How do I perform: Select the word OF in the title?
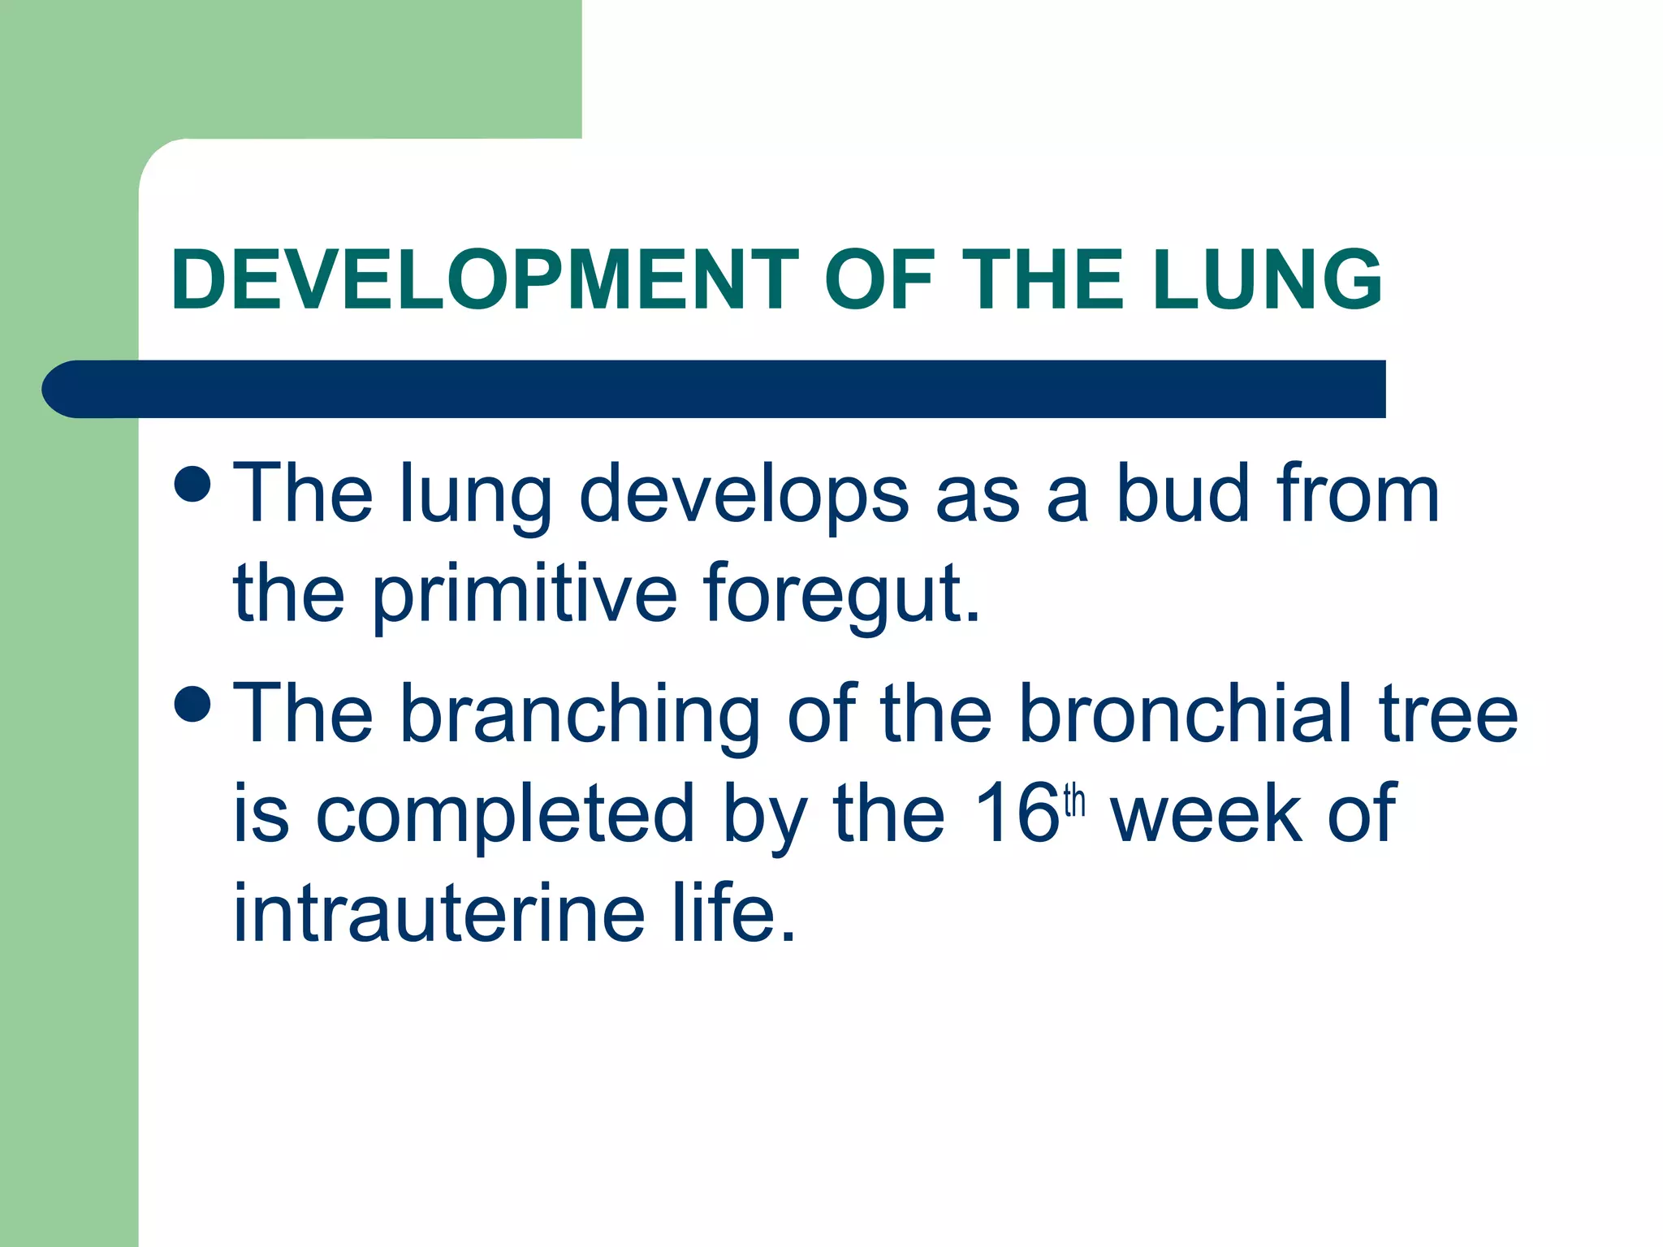coord(880,279)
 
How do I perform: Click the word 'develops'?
coord(744,494)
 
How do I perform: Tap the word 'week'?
coord(1205,813)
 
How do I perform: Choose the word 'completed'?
coord(504,813)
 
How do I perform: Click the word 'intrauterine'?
coord(439,913)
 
